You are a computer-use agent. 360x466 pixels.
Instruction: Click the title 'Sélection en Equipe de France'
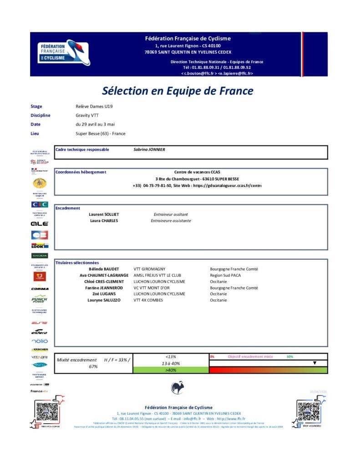(x=177, y=91)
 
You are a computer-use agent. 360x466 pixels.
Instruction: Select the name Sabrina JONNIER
(x=149, y=149)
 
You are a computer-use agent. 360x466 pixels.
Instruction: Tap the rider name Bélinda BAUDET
(x=104, y=269)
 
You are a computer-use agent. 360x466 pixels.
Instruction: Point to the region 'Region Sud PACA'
(x=225, y=275)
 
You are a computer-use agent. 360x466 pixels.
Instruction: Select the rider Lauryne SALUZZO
(x=104, y=300)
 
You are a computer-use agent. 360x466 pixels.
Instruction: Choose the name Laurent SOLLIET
(x=103, y=214)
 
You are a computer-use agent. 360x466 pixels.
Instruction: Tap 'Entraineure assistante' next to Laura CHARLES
(x=171, y=221)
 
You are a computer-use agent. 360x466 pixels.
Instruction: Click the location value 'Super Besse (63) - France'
(x=100, y=133)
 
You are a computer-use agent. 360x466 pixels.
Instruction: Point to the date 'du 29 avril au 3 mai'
(x=95, y=124)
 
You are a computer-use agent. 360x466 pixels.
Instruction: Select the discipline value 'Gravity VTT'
(x=87, y=115)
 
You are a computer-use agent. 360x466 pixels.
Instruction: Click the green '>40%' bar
(x=171, y=370)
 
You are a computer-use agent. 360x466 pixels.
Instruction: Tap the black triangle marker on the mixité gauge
(x=314, y=363)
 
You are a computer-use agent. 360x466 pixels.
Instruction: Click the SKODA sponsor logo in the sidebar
(x=40, y=256)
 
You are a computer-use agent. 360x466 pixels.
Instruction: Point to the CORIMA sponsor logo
(x=40, y=289)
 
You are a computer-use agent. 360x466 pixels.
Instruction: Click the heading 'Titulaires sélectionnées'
(x=76, y=263)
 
